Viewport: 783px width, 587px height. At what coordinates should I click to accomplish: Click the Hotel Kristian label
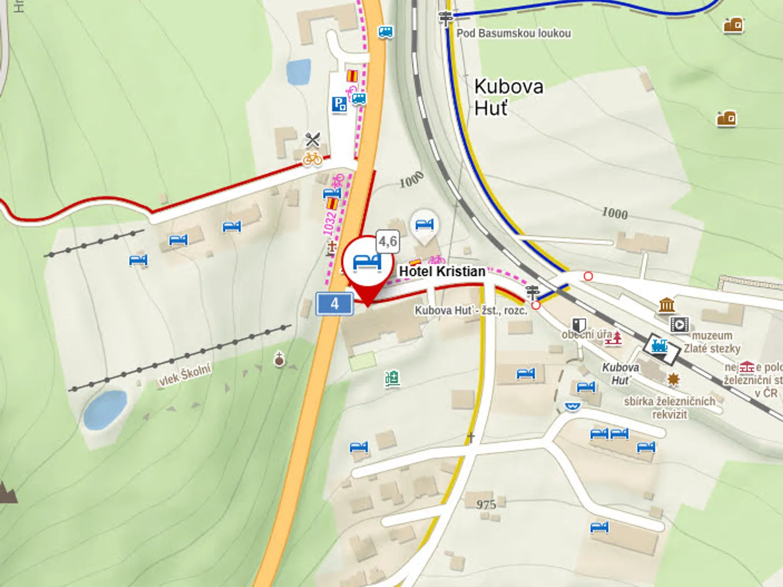pyautogui.click(x=442, y=271)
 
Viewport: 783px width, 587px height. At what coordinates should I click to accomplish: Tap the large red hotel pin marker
pyautogui.click(x=367, y=264)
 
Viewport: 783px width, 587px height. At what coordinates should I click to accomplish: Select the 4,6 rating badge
pyautogui.click(x=388, y=241)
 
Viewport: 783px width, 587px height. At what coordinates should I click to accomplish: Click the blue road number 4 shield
pyautogui.click(x=334, y=304)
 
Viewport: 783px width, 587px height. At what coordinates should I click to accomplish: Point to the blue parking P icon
pyautogui.click(x=339, y=104)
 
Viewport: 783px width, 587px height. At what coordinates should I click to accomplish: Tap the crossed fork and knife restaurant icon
pyautogui.click(x=312, y=140)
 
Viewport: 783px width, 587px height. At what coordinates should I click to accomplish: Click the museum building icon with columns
pyautogui.click(x=667, y=306)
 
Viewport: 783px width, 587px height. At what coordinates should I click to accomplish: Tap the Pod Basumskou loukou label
pyautogui.click(x=513, y=33)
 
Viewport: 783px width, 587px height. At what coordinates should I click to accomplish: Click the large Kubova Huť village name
pyautogui.click(x=508, y=97)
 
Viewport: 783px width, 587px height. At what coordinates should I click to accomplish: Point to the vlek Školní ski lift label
pyautogui.click(x=185, y=375)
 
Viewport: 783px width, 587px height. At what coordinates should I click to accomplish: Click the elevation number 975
pyautogui.click(x=486, y=504)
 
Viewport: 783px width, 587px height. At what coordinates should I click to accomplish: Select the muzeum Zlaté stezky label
pyautogui.click(x=712, y=342)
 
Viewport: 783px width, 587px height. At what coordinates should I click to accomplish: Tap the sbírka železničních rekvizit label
pyautogui.click(x=669, y=407)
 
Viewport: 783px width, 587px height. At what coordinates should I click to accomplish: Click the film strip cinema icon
pyautogui.click(x=679, y=324)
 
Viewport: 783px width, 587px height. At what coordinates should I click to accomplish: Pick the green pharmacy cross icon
pyautogui.click(x=392, y=379)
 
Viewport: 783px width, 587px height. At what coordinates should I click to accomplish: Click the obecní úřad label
pyautogui.click(x=587, y=335)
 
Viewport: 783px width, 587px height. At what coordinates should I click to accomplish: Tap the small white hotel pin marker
pyautogui.click(x=424, y=226)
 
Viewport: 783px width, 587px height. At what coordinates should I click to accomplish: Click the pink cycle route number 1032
pyautogui.click(x=330, y=223)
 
